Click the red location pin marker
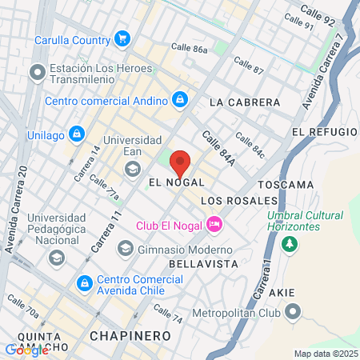[180, 162]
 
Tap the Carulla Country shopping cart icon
[122, 38]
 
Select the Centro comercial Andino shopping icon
[180, 100]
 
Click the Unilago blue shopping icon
[77, 133]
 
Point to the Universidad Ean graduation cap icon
[130, 168]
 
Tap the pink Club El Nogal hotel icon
[214, 224]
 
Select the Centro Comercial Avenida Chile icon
[84, 282]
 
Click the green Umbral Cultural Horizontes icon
[290, 243]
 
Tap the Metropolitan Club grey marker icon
[294, 312]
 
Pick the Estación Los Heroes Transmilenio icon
[37, 74]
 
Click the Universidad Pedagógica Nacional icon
[56, 258]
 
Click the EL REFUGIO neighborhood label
[324, 131]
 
